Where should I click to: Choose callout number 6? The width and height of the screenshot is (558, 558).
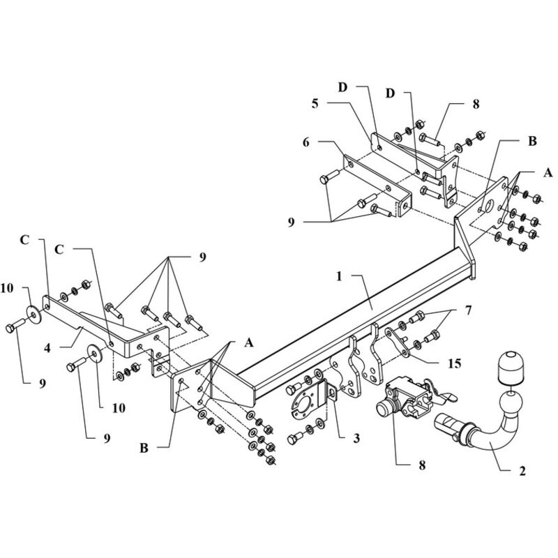306,142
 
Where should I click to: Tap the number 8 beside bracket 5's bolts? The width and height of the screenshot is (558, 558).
476,103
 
